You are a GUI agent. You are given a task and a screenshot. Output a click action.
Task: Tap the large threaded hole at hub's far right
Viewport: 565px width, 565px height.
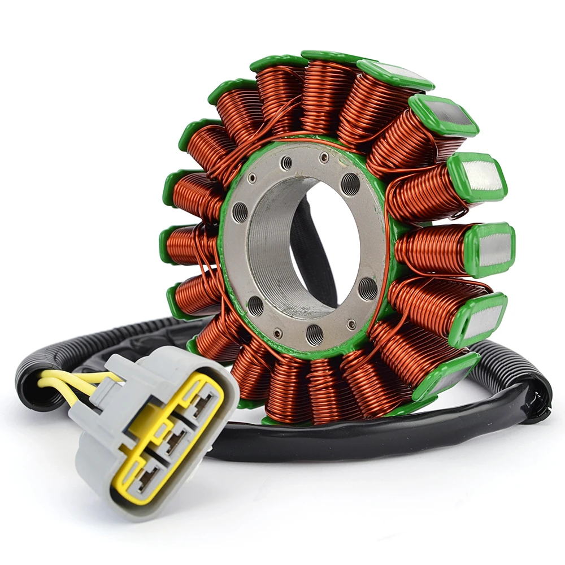point(368,288)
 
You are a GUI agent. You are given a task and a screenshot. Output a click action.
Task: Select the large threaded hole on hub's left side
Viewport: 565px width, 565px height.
point(240,212)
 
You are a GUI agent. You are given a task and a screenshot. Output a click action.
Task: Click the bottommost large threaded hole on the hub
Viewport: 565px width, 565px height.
point(314,334)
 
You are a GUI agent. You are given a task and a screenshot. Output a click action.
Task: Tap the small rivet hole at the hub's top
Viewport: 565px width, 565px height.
point(324,157)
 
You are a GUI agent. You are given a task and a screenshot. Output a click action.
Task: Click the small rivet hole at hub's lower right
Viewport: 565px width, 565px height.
point(351,324)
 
